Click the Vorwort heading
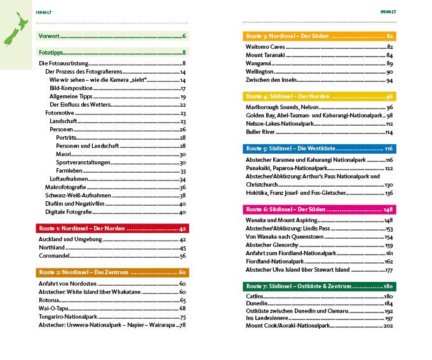(50, 36)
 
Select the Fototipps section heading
(52, 52)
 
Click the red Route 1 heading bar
(112, 228)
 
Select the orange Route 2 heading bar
(112, 272)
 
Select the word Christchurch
(264, 184)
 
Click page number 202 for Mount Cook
(389, 326)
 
